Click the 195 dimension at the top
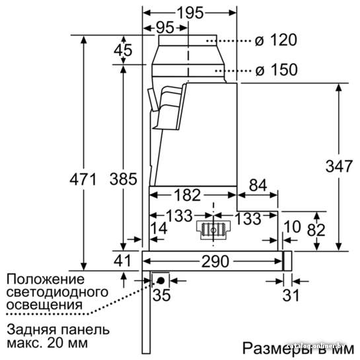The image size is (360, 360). [190, 13]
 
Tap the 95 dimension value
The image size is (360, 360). [165, 28]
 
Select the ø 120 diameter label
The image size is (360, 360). [275, 40]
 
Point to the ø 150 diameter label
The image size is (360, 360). [276, 69]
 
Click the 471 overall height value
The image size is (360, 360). [83, 179]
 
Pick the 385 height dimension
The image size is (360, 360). [124, 179]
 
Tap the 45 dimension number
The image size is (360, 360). [123, 50]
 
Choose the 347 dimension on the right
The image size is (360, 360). [339, 166]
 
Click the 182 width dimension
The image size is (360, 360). [188, 195]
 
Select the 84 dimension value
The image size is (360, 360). [258, 185]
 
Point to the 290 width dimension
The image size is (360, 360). [215, 262]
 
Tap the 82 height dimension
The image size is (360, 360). [316, 230]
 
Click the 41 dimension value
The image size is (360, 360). [122, 260]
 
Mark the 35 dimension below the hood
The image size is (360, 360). [162, 295]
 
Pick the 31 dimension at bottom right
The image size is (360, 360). [291, 295]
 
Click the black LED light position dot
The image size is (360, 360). [161, 281]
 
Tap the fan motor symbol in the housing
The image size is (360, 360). [213, 230]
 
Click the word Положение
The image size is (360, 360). [45, 279]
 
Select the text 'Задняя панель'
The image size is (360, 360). [58, 330]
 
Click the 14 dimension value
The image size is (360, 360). [159, 229]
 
